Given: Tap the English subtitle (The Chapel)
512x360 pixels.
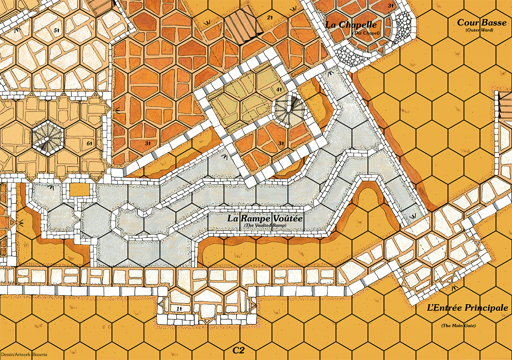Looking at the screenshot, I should [365, 33].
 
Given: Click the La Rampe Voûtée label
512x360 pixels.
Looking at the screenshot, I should [265, 219].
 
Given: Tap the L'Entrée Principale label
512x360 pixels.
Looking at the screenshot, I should [468, 308].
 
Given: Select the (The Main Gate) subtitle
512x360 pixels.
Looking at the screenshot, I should [458, 326].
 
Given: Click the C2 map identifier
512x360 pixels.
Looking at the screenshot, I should [238, 351].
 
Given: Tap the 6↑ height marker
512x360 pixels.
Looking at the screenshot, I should [89, 142].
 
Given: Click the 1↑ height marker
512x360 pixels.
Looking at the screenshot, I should [180, 309].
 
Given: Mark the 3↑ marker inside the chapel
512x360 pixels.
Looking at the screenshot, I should [391, 6].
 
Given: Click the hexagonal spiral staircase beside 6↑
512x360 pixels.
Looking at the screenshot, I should [45, 137].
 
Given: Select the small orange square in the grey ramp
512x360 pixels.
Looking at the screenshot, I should [80, 189].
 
